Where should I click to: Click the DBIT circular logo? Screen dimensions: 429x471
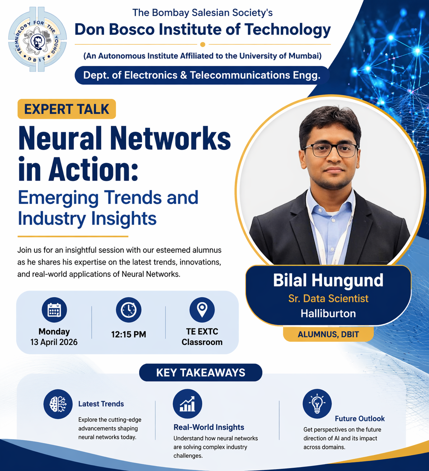click(38, 39)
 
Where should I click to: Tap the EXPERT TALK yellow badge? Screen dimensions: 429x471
click(67, 109)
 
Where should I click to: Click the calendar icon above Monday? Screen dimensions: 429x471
click(54, 310)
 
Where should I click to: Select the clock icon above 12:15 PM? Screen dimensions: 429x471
click(129, 310)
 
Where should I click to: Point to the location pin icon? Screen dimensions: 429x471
click(202, 310)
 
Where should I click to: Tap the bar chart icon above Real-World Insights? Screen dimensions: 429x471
click(188, 404)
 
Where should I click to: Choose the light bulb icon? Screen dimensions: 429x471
click(317, 404)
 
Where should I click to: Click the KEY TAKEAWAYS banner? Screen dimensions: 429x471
click(201, 373)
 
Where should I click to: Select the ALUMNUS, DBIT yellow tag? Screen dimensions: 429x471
click(328, 334)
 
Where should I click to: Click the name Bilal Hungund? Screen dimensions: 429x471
click(328, 280)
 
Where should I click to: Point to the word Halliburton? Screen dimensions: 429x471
click(328, 313)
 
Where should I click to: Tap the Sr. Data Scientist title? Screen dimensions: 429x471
click(328, 298)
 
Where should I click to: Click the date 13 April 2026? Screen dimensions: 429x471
click(54, 342)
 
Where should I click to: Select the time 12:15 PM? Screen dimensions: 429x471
click(129, 334)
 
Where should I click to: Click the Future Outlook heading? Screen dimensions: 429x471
click(360, 418)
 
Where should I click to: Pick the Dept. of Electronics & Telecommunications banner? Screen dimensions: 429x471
click(202, 75)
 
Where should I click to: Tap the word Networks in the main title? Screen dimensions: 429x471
click(170, 138)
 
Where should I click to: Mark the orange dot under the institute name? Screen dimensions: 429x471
click(203, 44)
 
